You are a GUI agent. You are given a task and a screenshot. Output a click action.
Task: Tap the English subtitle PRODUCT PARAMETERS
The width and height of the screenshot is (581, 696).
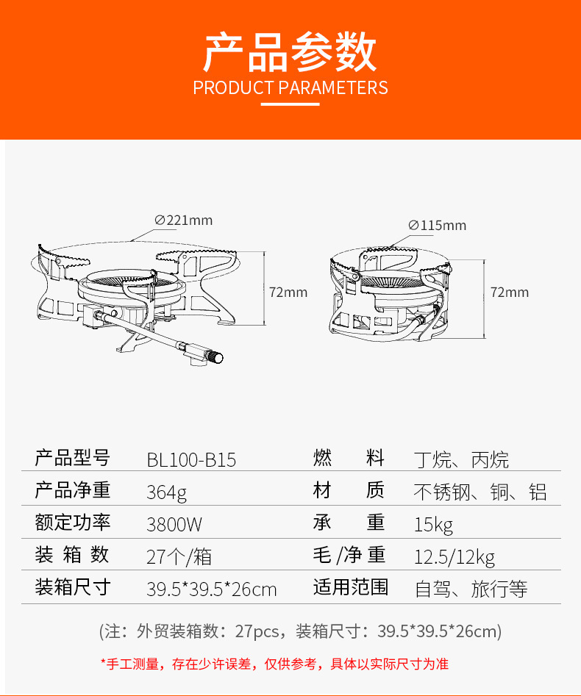[290, 88]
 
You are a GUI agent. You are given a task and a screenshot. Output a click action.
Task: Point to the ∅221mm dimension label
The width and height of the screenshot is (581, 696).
[183, 220]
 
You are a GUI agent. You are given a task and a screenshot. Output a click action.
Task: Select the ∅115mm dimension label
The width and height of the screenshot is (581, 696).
[437, 226]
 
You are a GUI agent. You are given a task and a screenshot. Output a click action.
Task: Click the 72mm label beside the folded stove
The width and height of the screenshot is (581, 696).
[510, 292]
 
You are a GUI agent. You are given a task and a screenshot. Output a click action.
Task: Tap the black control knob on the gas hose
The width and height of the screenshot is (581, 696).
[217, 356]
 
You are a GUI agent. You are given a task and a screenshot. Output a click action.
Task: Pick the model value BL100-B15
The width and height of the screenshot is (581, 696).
[191, 461]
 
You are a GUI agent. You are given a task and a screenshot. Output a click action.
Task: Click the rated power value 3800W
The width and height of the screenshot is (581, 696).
[174, 525]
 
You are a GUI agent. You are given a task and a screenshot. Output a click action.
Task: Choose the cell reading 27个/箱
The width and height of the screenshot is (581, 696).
[179, 556]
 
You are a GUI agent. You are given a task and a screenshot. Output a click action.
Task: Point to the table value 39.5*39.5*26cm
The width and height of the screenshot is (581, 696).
[212, 589]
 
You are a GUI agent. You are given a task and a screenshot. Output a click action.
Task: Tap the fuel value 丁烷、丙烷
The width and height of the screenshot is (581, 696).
[461, 461]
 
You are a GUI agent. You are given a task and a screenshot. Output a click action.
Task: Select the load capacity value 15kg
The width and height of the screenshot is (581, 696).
[433, 525]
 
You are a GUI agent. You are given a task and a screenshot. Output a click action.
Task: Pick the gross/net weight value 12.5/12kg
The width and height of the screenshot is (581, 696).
[455, 556]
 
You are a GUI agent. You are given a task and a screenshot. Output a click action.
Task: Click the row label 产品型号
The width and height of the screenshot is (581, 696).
[73, 459]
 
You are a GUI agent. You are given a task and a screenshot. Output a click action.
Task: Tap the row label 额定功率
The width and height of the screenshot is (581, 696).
[73, 523]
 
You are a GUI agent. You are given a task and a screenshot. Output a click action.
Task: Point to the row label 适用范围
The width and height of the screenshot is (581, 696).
[350, 587]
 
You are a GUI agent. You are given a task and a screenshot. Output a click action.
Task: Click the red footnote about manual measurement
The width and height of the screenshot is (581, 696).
[274, 664]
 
